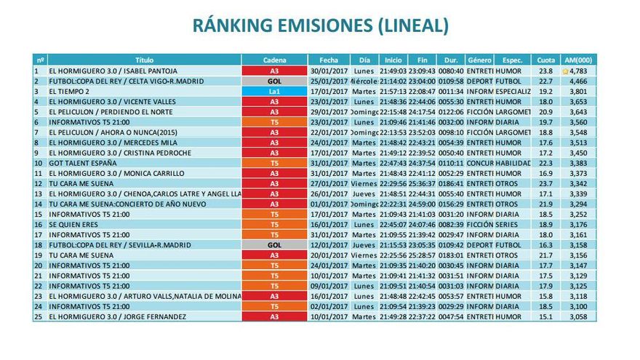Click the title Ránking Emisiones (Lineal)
tap(320, 26)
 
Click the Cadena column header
tap(274, 60)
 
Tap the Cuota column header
tap(545, 60)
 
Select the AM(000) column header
tap(579, 60)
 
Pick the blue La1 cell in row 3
tap(274, 92)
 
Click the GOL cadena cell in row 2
tap(274, 81)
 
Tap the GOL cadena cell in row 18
tap(274, 246)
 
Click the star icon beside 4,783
tap(565, 71)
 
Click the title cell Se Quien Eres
tap(73, 225)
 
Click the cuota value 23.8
tap(545, 71)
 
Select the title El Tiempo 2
tap(69, 92)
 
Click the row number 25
tap(38, 317)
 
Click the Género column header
tap(479, 60)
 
